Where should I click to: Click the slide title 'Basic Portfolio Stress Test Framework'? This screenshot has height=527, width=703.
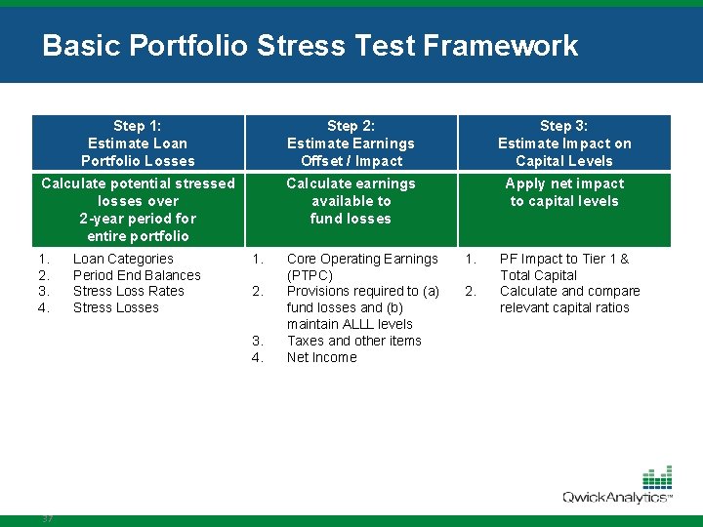tap(310, 46)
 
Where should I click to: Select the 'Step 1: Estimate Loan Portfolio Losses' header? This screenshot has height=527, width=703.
tap(138, 142)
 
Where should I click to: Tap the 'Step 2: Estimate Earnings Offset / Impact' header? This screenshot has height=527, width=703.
tap(351, 142)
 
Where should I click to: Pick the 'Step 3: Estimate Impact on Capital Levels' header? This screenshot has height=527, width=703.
tap(564, 142)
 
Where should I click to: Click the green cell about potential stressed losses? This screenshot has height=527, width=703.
tap(138, 209)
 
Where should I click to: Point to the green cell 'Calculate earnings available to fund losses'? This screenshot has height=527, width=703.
tap(351, 201)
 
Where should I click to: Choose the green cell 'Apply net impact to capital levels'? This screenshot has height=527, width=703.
tap(564, 192)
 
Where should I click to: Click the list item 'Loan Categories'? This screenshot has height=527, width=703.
tap(123, 259)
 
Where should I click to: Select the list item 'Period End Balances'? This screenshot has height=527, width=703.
tap(137, 275)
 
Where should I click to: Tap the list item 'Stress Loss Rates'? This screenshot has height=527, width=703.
tap(129, 291)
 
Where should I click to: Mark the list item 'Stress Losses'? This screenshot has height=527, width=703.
tap(116, 307)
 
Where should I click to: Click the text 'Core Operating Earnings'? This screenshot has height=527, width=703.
tap(362, 259)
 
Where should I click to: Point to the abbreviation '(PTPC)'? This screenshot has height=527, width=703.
tap(310, 275)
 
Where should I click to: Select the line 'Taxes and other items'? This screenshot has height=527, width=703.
tap(354, 341)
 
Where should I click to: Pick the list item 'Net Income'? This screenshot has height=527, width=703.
tap(322, 357)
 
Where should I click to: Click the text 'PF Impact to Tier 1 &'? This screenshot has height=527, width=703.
tap(564, 259)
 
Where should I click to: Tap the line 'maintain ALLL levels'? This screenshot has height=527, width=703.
tap(350, 324)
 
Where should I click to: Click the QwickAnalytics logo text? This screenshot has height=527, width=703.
tap(615, 497)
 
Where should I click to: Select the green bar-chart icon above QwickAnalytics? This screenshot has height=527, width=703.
tap(657, 477)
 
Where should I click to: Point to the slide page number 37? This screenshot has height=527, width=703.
tap(47, 518)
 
